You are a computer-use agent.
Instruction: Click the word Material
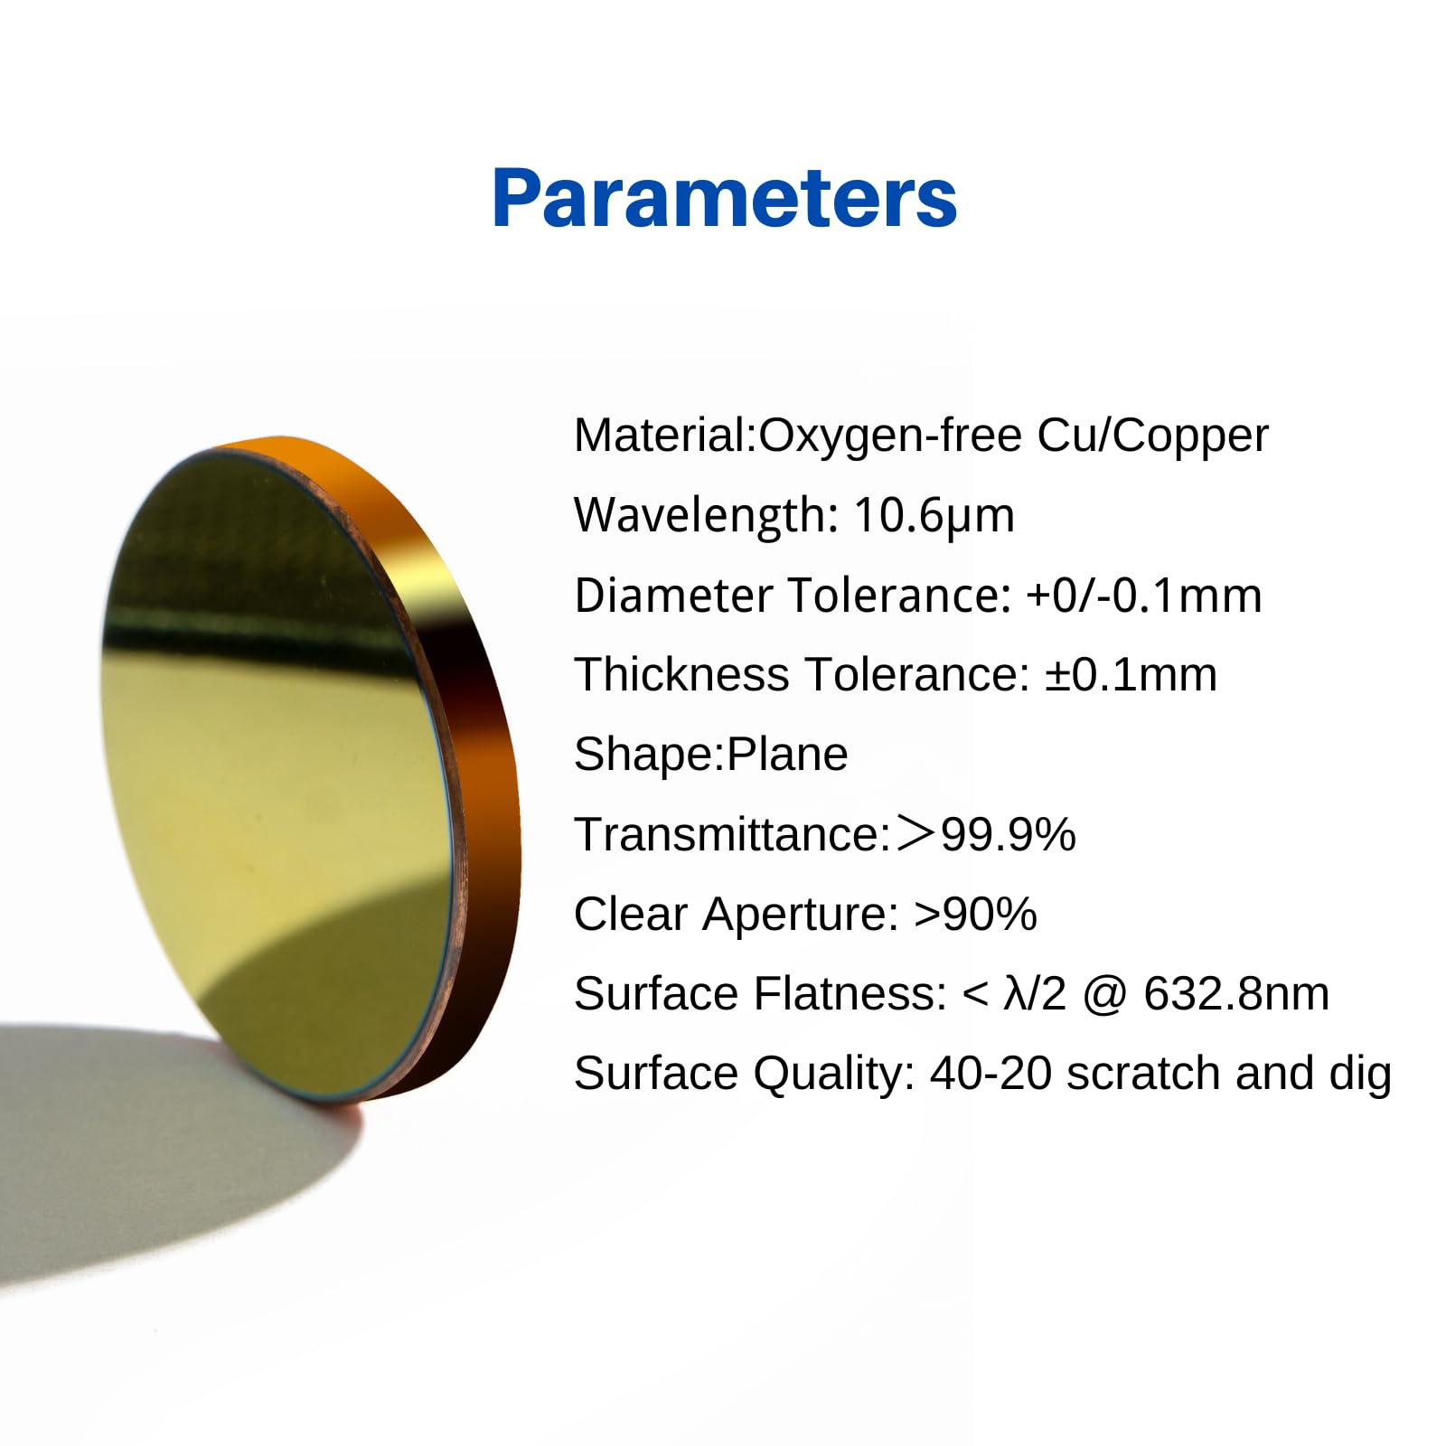click(663, 435)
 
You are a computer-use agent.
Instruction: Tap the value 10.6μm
click(934, 516)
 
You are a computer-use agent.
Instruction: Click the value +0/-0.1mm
click(1144, 596)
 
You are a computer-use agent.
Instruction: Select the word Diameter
click(674, 596)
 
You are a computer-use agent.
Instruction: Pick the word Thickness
click(681, 675)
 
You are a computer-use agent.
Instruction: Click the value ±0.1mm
click(1131, 675)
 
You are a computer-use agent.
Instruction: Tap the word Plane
click(787, 755)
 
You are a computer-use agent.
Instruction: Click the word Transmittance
click(733, 834)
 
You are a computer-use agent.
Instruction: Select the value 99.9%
click(1009, 834)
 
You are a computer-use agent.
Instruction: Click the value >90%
click(975, 914)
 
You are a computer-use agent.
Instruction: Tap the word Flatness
click(850, 994)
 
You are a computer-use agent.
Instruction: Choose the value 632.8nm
click(1236, 994)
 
